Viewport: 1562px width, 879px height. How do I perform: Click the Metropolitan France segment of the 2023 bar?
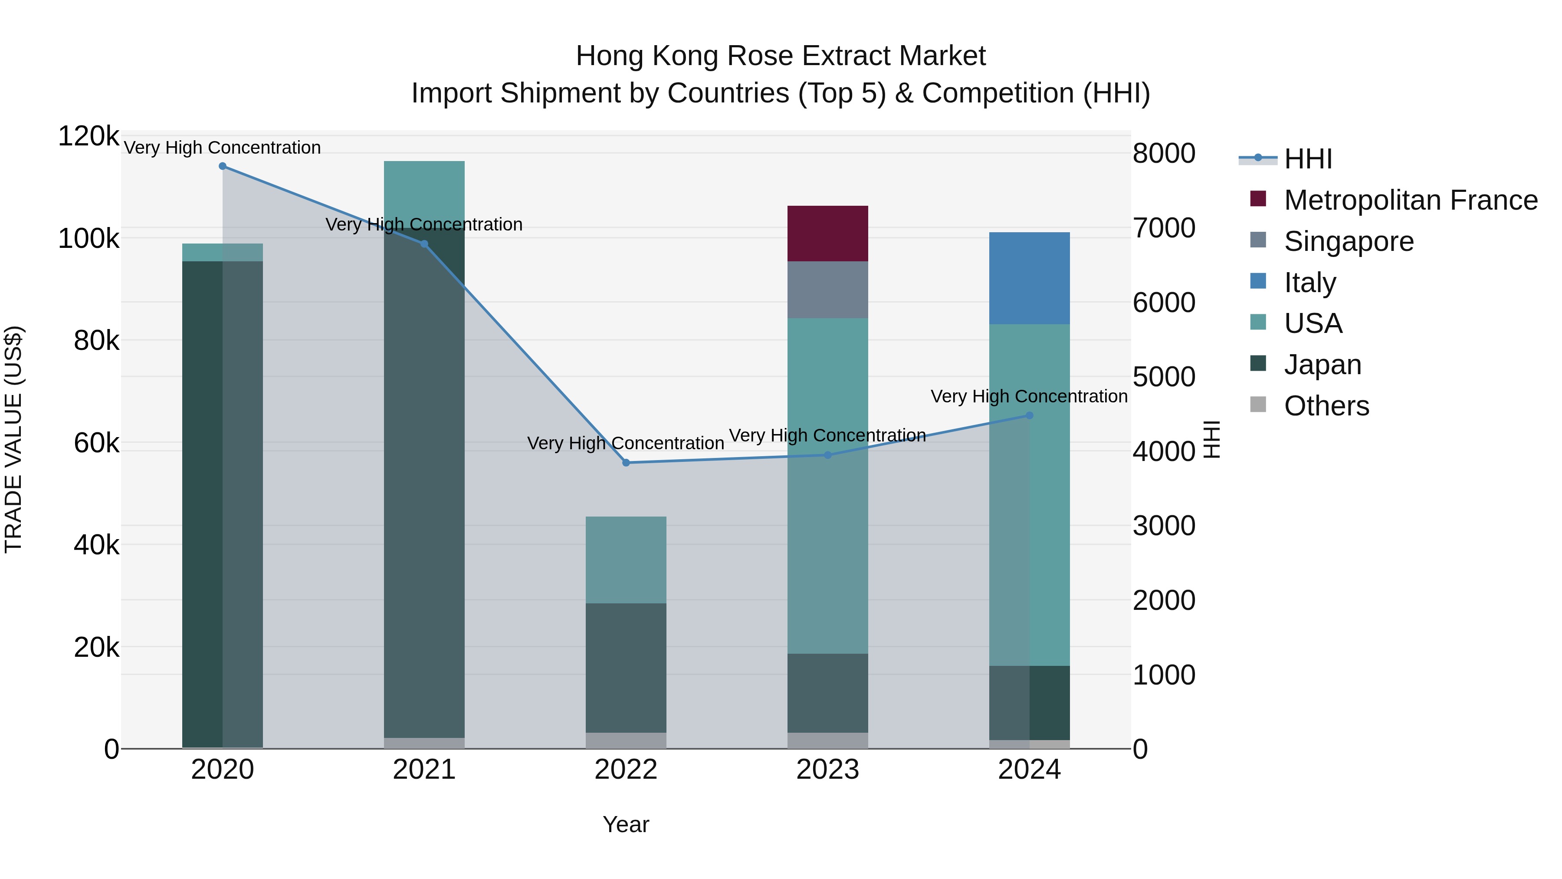[828, 234]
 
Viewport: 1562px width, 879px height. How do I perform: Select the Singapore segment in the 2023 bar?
[828, 290]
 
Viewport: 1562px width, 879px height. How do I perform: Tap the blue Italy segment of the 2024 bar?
[1029, 278]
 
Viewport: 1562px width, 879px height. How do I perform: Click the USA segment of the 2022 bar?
[626, 560]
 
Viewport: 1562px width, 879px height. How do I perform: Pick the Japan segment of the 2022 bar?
[626, 667]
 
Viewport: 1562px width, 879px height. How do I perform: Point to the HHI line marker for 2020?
[223, 166]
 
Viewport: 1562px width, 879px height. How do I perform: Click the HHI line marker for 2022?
[626, 463]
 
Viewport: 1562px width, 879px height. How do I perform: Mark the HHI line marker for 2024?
[1029, 415]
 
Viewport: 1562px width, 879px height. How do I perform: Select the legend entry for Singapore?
[1349, 241]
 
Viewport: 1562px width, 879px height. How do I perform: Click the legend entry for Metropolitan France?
[1411, 200]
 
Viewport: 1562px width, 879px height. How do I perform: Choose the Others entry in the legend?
[1326, 406]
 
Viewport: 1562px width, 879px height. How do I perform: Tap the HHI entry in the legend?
[1308, 159]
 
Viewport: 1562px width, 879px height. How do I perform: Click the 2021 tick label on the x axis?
[424, 770]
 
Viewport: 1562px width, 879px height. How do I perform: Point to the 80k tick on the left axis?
[96, 341]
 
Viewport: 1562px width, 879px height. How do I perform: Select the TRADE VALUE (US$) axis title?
[13, 439]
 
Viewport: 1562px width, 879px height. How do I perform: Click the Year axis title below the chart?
[626, 824]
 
